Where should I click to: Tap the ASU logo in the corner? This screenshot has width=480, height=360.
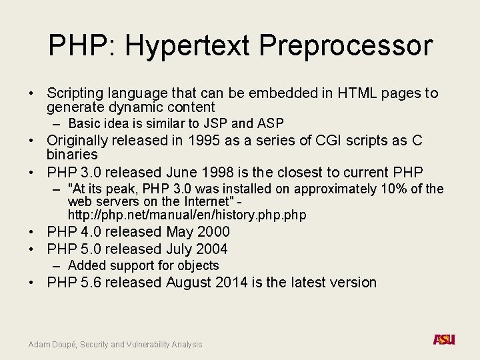point(444,340)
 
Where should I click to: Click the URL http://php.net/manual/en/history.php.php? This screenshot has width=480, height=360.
point(187,215)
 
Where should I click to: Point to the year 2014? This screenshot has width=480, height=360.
point(233,283)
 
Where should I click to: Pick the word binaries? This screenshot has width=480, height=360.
point(72,155)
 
